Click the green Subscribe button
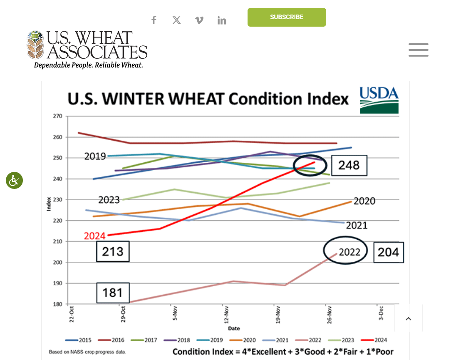tap(287, 17)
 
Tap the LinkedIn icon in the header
tap(222, 20)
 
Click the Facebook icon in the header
tap(154, 20)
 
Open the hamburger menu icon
tap(418, 50)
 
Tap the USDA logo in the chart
tap(379, 100)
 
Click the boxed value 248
tap(349, 165)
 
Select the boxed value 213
tap(113, 251)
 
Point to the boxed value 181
tap(113, 293)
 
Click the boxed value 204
tap(388, 252)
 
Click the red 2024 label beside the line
tap(95, 236)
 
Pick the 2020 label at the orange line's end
tap(364, 201)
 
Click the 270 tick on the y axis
tap(57, 116)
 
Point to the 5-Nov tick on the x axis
tap(175, 313)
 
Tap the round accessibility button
tap(14, 181)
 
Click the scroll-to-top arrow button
tap(408, 318)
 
